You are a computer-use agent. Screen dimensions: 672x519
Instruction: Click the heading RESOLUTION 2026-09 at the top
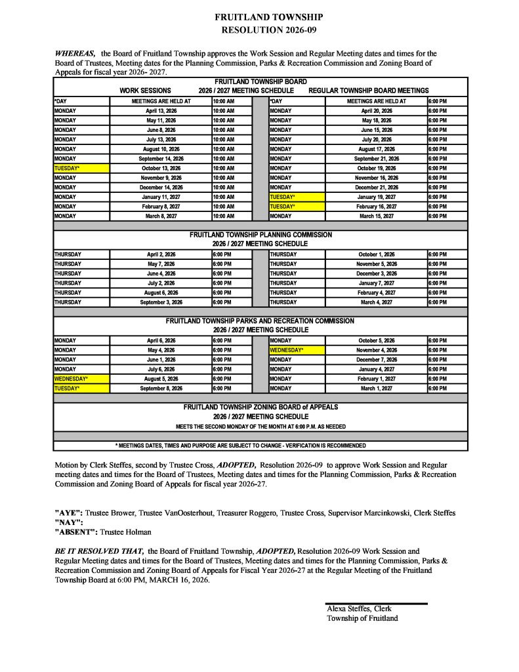[259, 30]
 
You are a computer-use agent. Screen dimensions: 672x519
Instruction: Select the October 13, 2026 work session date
[160, 168]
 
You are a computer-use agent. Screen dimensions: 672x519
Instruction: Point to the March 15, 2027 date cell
[376, 216]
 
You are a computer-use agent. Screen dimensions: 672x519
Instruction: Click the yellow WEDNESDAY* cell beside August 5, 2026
[81, 379]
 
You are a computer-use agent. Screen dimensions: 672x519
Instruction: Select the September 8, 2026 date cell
[160, 388]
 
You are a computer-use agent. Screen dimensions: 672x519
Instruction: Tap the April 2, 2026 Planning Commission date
[160, 254]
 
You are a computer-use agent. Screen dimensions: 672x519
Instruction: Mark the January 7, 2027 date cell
[376, 283]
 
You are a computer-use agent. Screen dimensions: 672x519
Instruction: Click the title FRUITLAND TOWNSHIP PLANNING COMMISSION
[260, 234]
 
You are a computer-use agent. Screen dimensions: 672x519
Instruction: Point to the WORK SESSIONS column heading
[145, 91]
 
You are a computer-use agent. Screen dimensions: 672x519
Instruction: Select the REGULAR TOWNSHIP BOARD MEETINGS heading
[368, 91]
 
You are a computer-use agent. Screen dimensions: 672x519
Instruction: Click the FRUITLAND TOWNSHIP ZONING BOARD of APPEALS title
[260, 408]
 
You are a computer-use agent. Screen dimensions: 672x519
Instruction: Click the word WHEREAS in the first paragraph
[75, 53]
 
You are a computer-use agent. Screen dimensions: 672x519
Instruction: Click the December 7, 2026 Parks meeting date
[376, 360]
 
